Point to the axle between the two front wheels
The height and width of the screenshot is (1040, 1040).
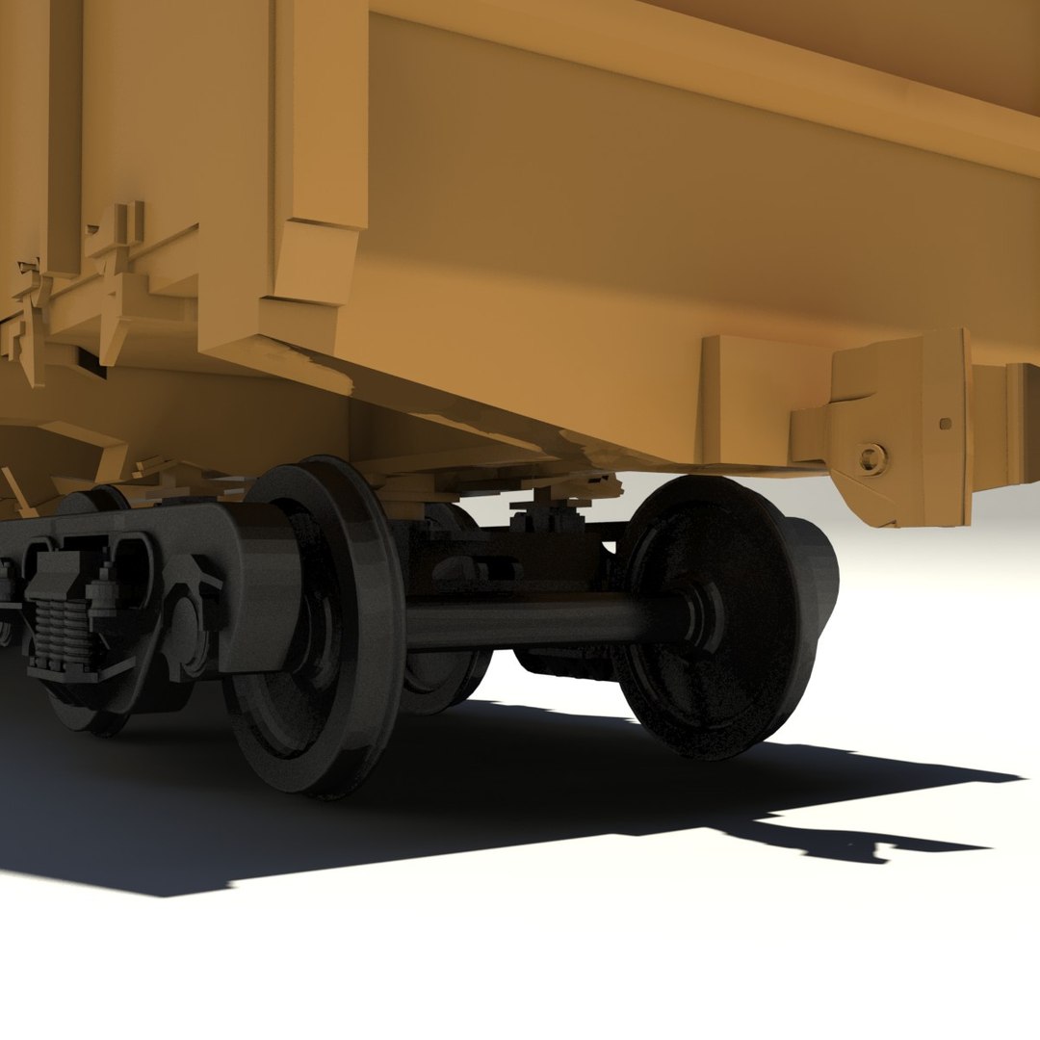coord(539,621)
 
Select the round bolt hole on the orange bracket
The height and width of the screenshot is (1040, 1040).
coord(870,457)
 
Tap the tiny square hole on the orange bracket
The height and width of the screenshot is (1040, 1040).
coord(945,423)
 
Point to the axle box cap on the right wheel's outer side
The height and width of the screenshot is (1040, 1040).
coord(814,578)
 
